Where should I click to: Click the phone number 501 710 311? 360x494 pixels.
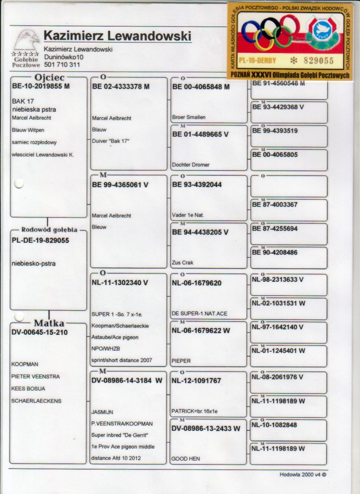pyautogui.click(x=62, y=65)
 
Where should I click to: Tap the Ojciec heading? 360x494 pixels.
pyautogui.click(x=49, y=78)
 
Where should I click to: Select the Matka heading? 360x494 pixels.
pyautogui.click(x=49, y=323)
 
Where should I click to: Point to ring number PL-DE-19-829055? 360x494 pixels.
pyautogui.click(x=41, y=240)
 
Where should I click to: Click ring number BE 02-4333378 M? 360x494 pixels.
pyautogui.click(x=121, y=87)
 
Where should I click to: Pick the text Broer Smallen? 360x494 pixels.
pyautogui.click(x=189, y=117)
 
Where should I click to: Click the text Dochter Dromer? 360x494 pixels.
pyautogui.click(x=191, y=165)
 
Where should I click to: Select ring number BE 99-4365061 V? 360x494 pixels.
pyautogui.click(x=120, y=184)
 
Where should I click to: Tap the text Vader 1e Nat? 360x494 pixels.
pyautogui.click(x=188, y=215)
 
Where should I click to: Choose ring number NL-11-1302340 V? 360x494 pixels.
pyautogui.click(x=120, y=283)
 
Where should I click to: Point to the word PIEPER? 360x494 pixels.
pyautogui.click(x=181, y=361)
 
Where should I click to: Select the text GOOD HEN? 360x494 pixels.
pyautogui.click(x=186, y=459)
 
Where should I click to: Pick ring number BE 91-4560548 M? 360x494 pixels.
pyautogui.click(x=278, y=83)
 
